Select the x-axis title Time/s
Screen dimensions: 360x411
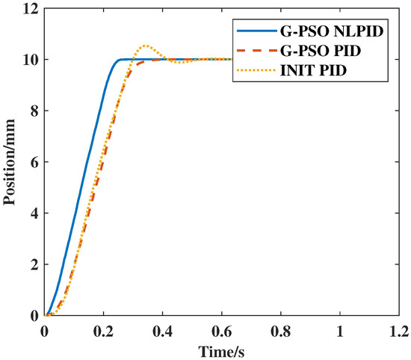pyautogui.click(x=222, y=350)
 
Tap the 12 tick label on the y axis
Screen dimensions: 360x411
pyautogui.click(x=30, y=8)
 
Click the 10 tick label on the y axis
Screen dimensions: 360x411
pyautogui.click(x=30, y=60)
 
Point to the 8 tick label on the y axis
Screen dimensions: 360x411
pyautogui.click(x=33, y=111)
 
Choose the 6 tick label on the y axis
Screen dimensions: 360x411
pyautogui.click(x=33, y=162)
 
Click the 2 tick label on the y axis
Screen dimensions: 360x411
pyautogui.click(x=33, y=264)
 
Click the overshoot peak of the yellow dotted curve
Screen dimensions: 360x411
pyautogui.click(x=145, y=46)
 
